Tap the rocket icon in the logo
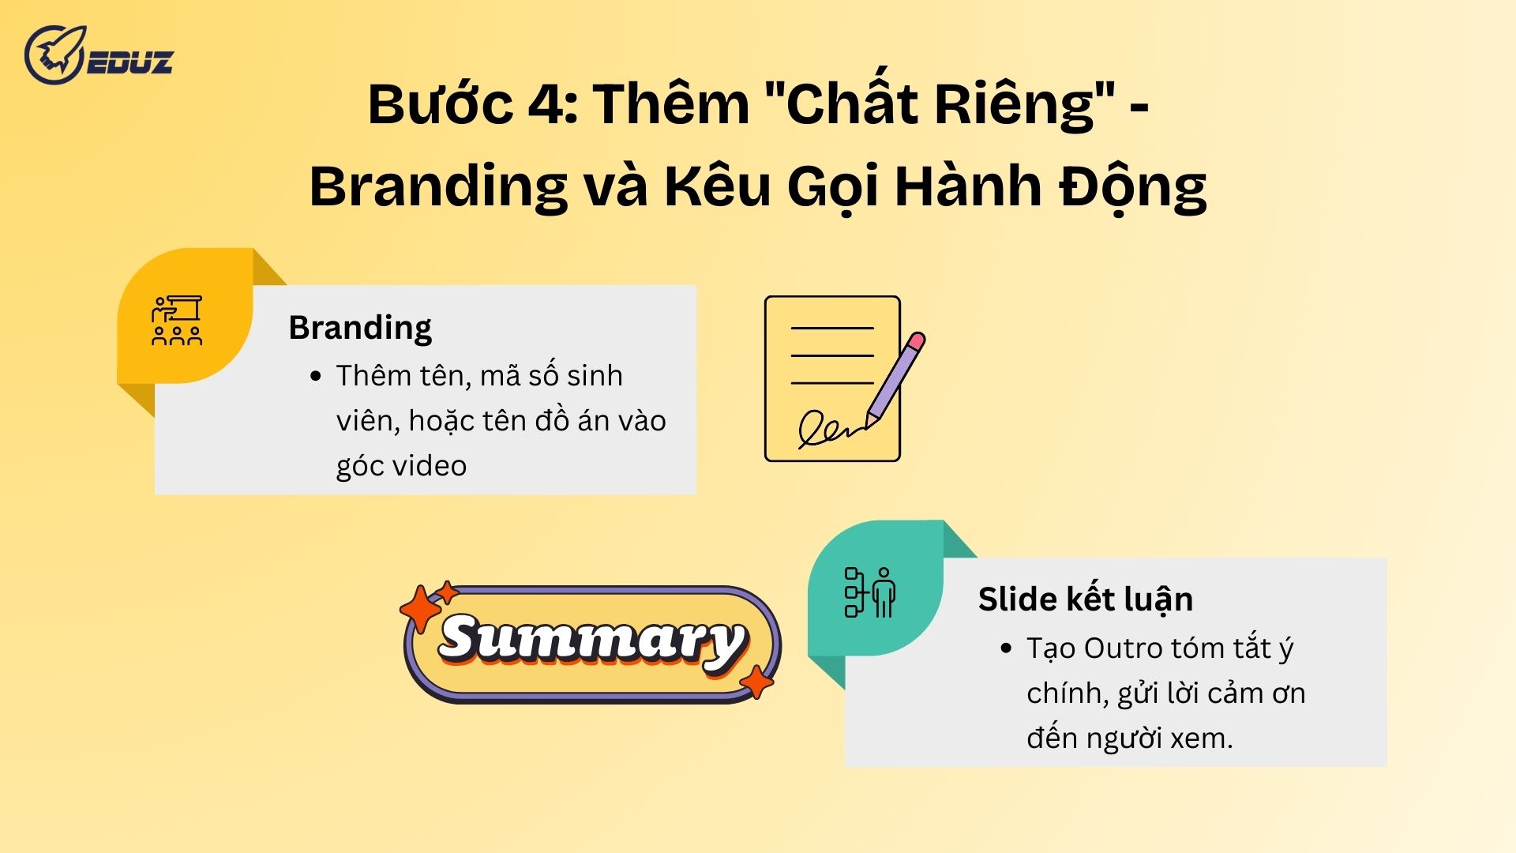tap(54, 54)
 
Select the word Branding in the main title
tap(437, 188)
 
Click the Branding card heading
tap(360, 328)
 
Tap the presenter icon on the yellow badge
tap(177, 321)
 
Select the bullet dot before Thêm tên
tap(316, 376)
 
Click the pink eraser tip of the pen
tap(916, 341)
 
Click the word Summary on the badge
tap(592, 640)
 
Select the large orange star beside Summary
tap(420, 610)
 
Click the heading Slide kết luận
tap(1086, 599)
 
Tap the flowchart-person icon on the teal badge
tap(870, 592)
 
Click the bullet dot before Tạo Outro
tap(1006, 648)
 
